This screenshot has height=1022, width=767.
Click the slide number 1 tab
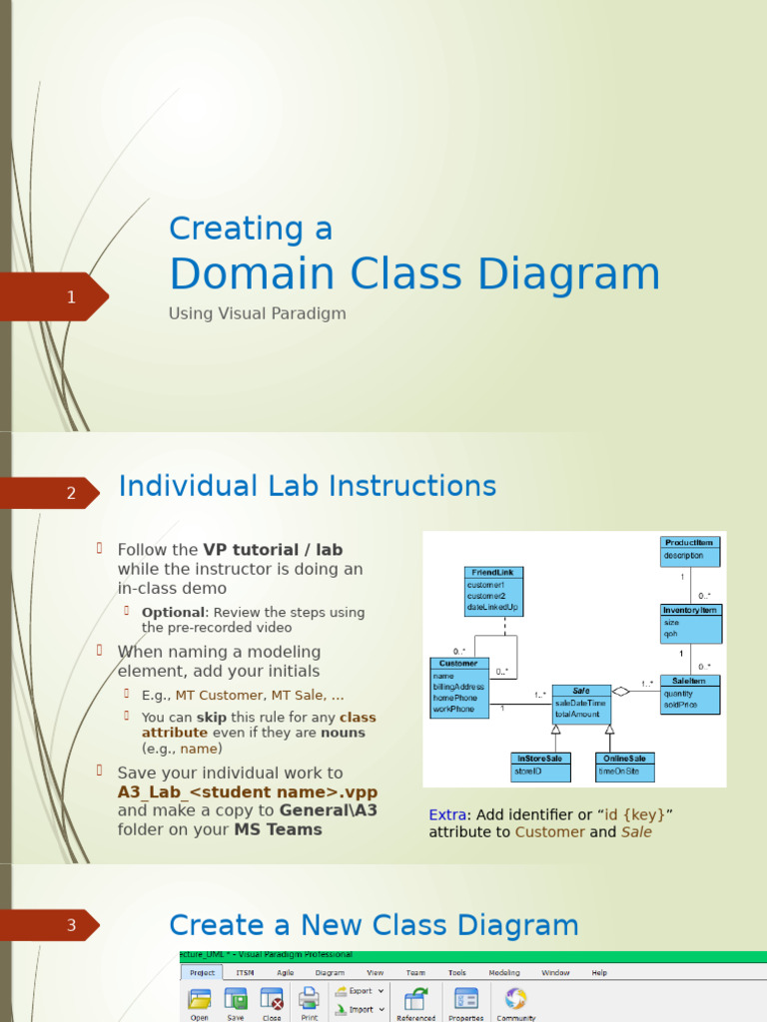pyautogui.click(x=70, y=297)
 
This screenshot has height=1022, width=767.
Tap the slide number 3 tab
pyautogui.click(x=70, y=925)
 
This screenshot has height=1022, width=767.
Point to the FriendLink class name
pyautogui.click(x=494, y=573)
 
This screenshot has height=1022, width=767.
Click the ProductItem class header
pyautogui.click(x=690, y=543)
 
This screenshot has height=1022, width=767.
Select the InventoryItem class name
pyautogui.click(x=690, y=610)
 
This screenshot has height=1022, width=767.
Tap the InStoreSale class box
pyautogui.click(x=539, y=765)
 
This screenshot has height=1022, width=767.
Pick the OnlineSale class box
pyautogui.click(x=625, y=765)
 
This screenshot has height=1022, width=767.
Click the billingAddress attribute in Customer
pyautogui.click(x=458, y=687)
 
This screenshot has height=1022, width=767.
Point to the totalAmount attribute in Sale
pyautogui.click(x=578, y=715)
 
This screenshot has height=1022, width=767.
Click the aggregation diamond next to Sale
pyautogui.click(x=621, y=691)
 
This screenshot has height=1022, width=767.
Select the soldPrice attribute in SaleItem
pyautogui.click(x=679, y=706)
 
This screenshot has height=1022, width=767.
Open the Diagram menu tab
pyautogui.click(x=330, y=972)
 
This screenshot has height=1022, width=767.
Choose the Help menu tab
pyautogui.click(x=599, y=972)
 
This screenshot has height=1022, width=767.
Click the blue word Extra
pyautogui.click(x=447, y=814)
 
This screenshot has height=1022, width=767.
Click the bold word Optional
pyautogui.click(x=173, y=612)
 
